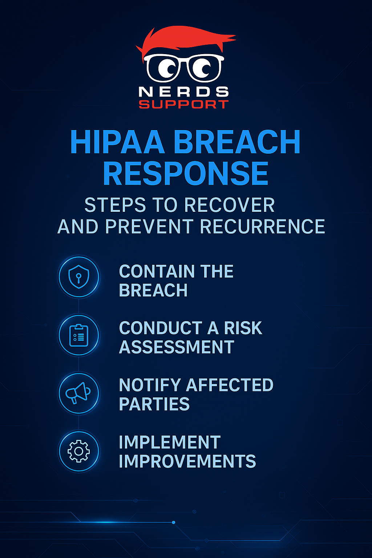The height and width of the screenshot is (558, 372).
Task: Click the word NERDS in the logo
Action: tap(183, 92)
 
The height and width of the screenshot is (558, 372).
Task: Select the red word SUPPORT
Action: tap(183, 105)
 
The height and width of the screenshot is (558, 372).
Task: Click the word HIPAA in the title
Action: tap(117, 142)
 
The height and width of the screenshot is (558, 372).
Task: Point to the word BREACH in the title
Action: tap(237, 142)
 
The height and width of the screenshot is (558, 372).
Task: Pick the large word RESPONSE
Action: tap(186, 173)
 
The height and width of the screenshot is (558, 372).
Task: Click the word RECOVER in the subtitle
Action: tap(229, 205)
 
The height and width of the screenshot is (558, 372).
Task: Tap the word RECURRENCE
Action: tap(262, 227)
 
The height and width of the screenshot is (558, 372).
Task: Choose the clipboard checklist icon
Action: tap(79, 335)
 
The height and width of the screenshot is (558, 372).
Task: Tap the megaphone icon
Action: tap(78, 393)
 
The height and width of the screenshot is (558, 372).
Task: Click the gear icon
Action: tap(79, 451)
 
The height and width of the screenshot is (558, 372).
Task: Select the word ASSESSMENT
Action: tap(177, 347)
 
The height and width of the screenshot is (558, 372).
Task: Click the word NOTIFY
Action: tap(150, 385)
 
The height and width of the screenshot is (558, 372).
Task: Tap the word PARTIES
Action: tap(154, 404)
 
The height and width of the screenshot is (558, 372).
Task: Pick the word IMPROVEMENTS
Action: tap(187, 461)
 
